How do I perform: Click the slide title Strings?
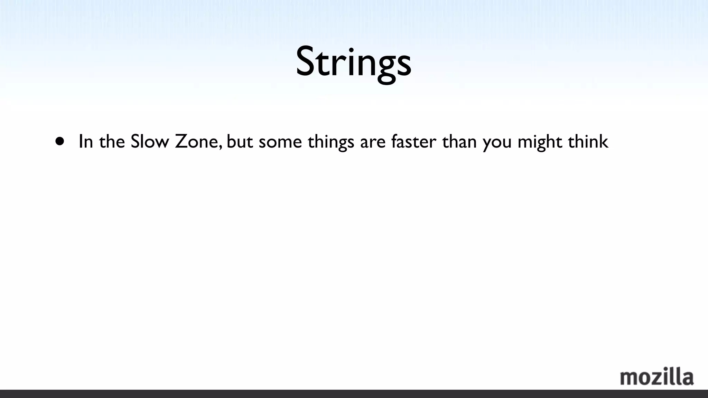354,62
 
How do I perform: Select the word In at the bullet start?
86,142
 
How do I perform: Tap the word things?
331,142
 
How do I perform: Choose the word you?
497,143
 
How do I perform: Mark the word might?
540,142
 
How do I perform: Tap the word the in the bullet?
112,142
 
